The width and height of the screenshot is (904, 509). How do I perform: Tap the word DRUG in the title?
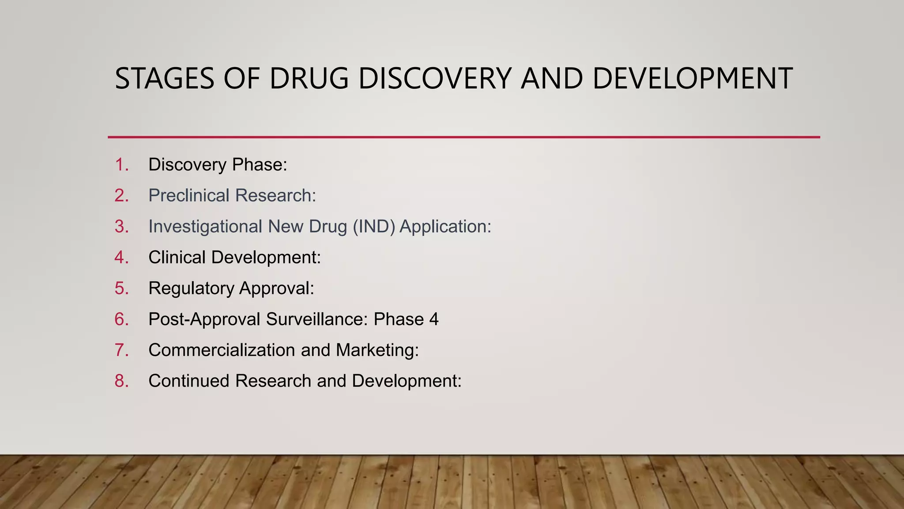point(309,79)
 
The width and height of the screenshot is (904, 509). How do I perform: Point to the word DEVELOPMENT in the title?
point(692,79)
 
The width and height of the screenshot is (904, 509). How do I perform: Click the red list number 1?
point(121,165)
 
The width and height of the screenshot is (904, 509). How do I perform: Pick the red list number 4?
point(121,258)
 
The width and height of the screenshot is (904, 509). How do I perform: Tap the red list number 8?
point(121,381)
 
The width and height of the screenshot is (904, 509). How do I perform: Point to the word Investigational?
point(205,227)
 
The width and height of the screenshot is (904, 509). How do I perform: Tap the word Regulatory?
point(191,289)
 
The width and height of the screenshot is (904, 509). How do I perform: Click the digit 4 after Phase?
point(434,319)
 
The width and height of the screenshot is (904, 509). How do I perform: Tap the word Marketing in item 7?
point(377,350)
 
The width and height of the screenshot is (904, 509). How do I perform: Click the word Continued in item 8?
point(189,381)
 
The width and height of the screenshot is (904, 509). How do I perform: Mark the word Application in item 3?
point(445,227)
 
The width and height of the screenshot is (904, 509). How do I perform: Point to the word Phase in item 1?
point(260,165)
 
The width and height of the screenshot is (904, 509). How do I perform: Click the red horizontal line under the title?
point(463,137)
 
